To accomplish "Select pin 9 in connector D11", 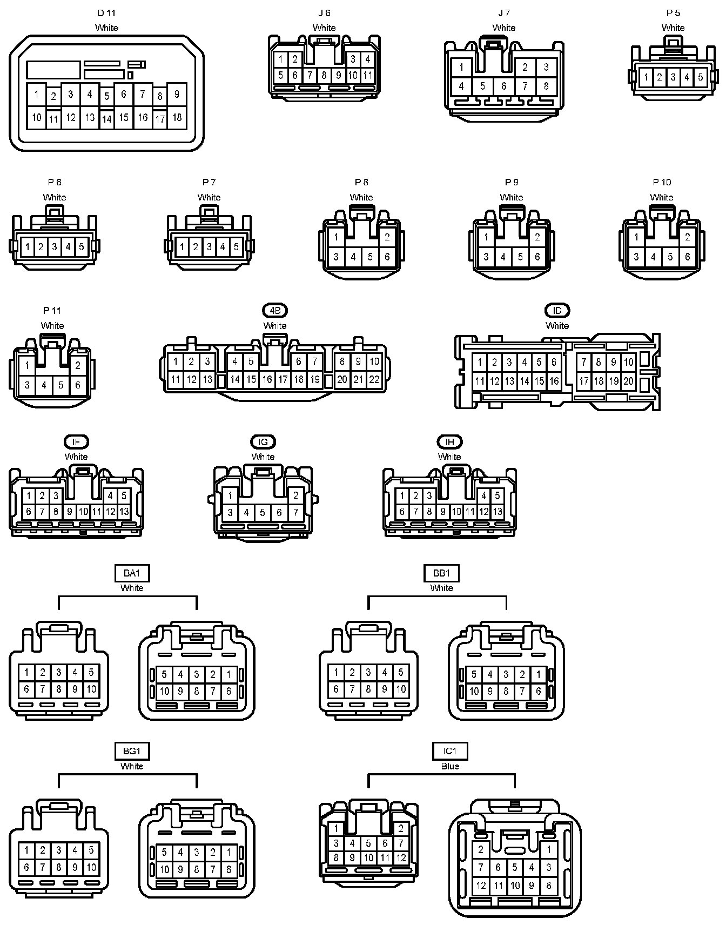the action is pyautogui.click(x=177, y=94).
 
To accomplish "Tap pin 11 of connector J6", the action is pyautogui.click(x=367, y=76).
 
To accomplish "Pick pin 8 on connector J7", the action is pyautogui.click(x=546, y=85).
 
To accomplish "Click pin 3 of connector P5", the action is pyautogui.click(x=673, y=77).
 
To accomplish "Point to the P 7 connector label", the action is pyautogui.click(x=209, y=183).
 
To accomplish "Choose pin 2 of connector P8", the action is pyautogui.click(x=387, y=237).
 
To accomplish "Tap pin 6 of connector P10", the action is pyautogui.click(x=687, y=257).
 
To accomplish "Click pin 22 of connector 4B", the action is pyautogui.click(x=374, y=380).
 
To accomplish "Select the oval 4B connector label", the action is pyautogui.click(x=275, y=311).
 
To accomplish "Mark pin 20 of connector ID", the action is pyautogui.click(x=628, y=381).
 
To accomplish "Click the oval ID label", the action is pyautogui.click(x=557, y=311).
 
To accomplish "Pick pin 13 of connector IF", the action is pyautogui.click(x=124, y=511).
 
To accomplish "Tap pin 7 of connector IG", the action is pyautogui.click(x=295, y=512).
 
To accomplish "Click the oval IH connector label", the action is pyautogui.click(x=450, y=442).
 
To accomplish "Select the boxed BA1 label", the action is pyautogui.click(x=132, y=573).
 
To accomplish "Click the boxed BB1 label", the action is pyautogui.click(x=442, y=573).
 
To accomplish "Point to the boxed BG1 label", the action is pyautogui.click(x=132, y=751).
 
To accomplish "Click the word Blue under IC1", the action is pyautogui.click(x=450, y=766).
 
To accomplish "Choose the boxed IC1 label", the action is pyautogui.click(x=450, y=751).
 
